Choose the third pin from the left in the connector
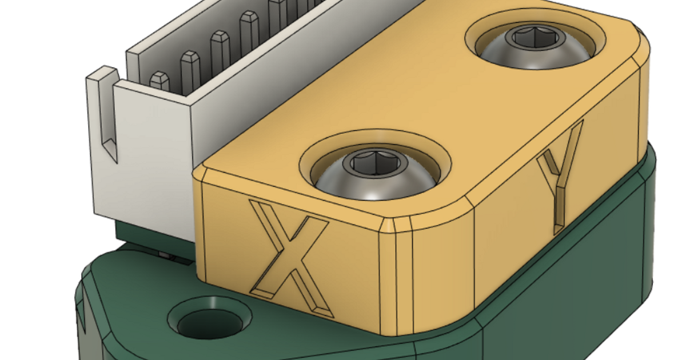[220, 50]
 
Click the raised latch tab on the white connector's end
[102, 74]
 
